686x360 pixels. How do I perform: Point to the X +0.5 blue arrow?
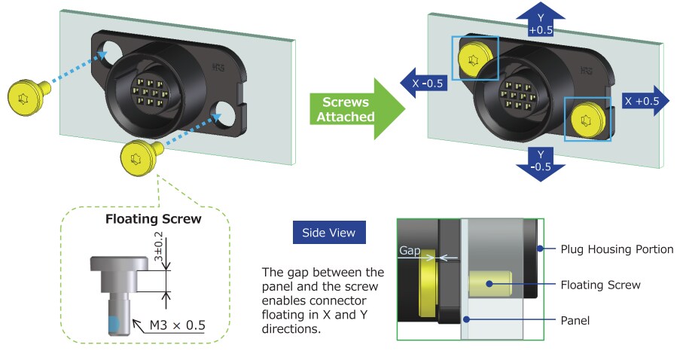click(645, 100)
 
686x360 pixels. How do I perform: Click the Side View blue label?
click(329, 232)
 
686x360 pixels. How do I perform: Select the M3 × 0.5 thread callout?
click(177, 325)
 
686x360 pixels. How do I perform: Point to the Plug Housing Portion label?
click(617, 249)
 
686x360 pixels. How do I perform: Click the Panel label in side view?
click(576, 320)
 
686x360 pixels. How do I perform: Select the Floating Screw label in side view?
click(600, 285)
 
